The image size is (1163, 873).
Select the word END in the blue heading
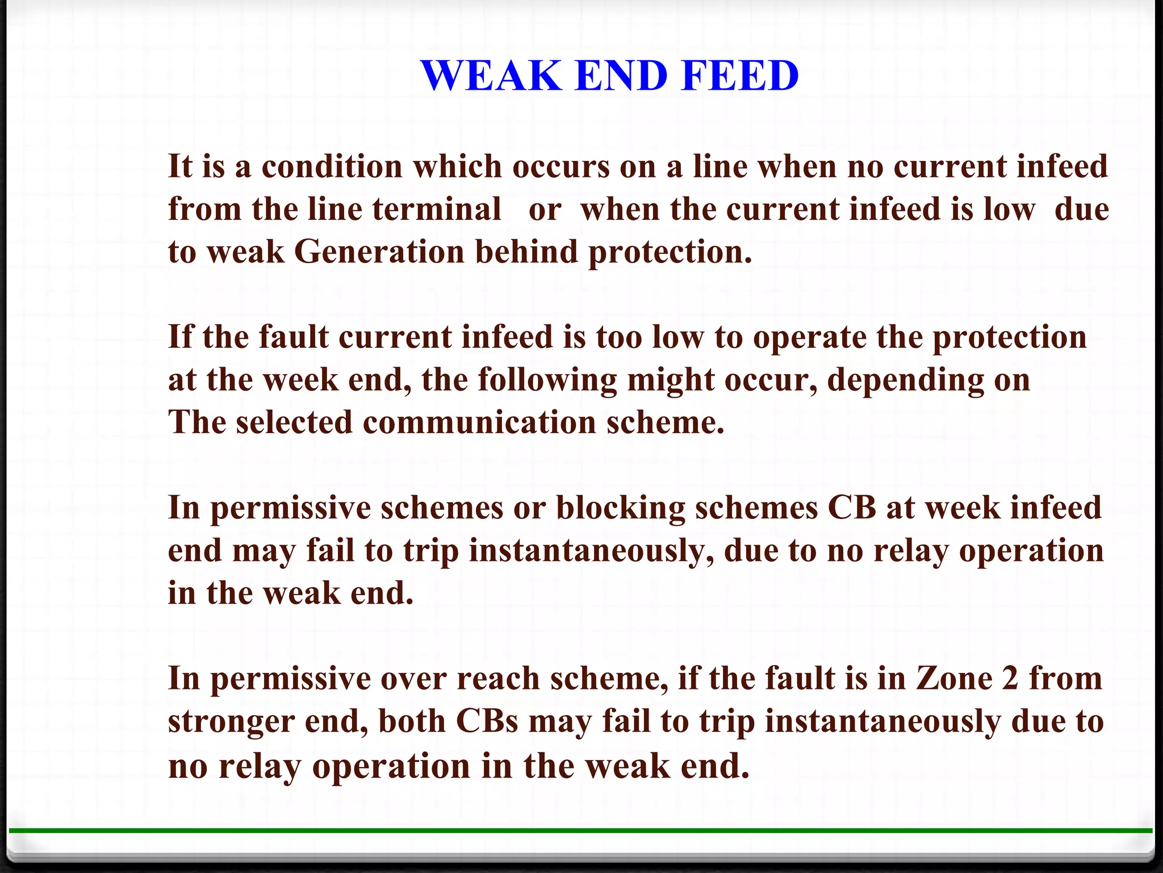coord(621,76)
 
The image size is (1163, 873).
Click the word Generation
coord(379,252)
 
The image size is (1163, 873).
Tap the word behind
coord(526,252)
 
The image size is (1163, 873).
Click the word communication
coord(479,423)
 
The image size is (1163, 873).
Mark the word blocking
coord(621,508)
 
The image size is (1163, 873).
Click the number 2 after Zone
coord(1010,679)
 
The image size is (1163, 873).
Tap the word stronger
coord(231,722)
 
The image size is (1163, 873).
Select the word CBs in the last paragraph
coord(487,721)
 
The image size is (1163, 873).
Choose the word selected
coord(294,423)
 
